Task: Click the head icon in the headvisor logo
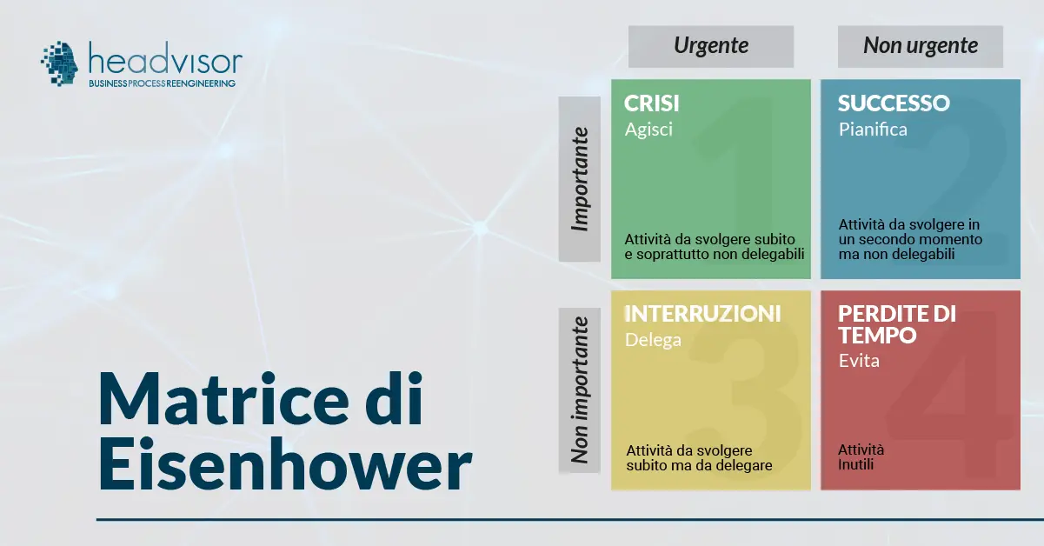coord(60,63)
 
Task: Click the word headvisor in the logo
coord(165,58)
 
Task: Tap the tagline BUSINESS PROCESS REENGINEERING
coord(163,83)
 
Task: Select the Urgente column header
coord(711,46)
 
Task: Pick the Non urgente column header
coord(920,46)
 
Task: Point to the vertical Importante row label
coord(579,179)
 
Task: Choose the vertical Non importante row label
coord(579,390)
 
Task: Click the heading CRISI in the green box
coord(652,103)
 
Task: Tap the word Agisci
coord(648,130)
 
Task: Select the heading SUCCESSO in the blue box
coord(894,103)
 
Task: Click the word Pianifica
coord(873,130)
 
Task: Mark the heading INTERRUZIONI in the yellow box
coord(702,314)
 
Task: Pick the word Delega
coord(653,340)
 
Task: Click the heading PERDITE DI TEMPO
coord(897,324)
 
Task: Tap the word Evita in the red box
coord(859,361)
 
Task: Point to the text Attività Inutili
coord(861,457)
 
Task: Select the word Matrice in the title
coord(223,400)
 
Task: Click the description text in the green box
coord(714,247)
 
